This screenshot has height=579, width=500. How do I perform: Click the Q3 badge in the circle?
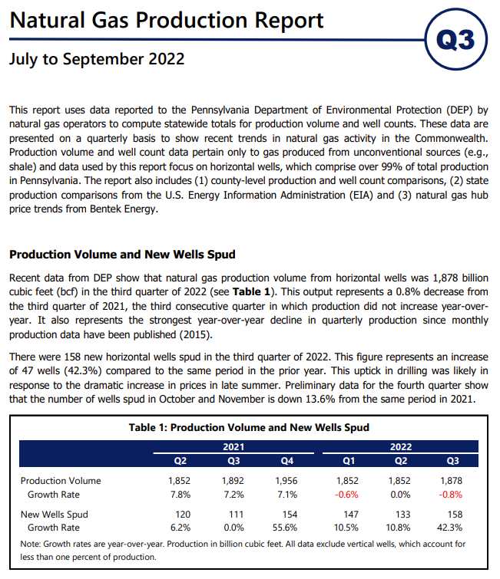(x=455, y=39)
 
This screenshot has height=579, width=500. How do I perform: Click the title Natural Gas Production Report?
(x=167, y=20)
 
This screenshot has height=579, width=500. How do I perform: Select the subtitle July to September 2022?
(x=97, y=59)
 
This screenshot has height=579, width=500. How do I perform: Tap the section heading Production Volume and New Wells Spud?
(x=122, y=255)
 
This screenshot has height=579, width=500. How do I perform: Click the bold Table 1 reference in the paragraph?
(x=251, y=291)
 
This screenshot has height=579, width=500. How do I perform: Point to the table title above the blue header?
(x=249, y=427)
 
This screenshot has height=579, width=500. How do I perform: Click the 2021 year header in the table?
(x=233, y=447)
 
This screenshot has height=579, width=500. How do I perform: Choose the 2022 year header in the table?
(x=400, y=447)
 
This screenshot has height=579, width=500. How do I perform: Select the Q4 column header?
(x=287, y=461)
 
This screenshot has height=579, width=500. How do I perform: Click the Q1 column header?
(x=349, y=461)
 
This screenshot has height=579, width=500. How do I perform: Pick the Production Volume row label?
(x=61, y=481)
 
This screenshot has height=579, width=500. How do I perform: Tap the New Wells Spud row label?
(x=55, y=515)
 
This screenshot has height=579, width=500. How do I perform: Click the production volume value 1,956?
(x=286, y=481)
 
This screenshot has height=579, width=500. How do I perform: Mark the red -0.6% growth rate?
(x=346, y=495)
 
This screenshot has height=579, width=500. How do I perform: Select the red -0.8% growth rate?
(x=450, y=495)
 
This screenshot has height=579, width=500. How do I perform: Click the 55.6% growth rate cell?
(x=285, y=528)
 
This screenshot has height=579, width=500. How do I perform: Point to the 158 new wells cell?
(x=455, y=515)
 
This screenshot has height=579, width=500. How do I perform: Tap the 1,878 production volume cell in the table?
(x=451, y=481)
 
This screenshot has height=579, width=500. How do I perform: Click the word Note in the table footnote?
(x=30, y=544)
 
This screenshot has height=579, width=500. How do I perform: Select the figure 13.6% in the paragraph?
(x=320, y=400)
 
